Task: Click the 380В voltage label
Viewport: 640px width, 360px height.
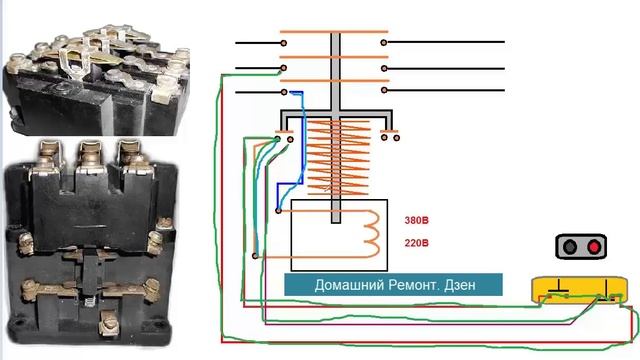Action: pos(416,222)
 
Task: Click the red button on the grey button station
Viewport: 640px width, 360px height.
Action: pos(595,247)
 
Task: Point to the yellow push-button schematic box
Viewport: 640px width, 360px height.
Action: pos(581,291)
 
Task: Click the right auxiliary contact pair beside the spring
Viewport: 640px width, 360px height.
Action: pos(388,133)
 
